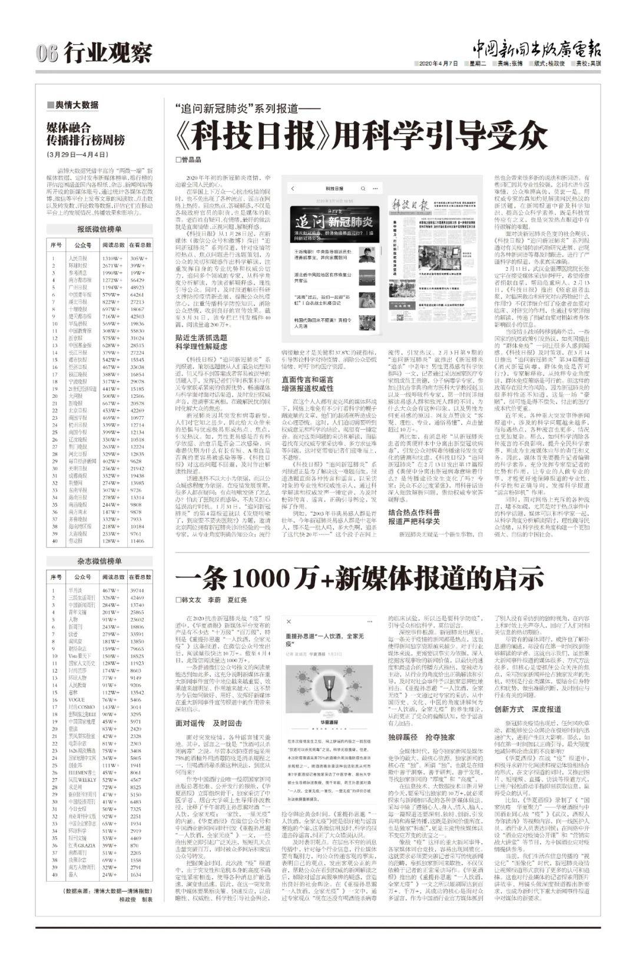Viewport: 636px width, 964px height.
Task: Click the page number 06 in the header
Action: point(46,54)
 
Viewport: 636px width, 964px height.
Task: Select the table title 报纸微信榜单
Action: point(100,229)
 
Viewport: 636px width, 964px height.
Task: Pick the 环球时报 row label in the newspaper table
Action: point(78,266)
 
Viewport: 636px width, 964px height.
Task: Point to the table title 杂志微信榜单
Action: point(100,561)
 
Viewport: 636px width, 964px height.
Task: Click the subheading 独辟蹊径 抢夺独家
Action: point(421,736)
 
